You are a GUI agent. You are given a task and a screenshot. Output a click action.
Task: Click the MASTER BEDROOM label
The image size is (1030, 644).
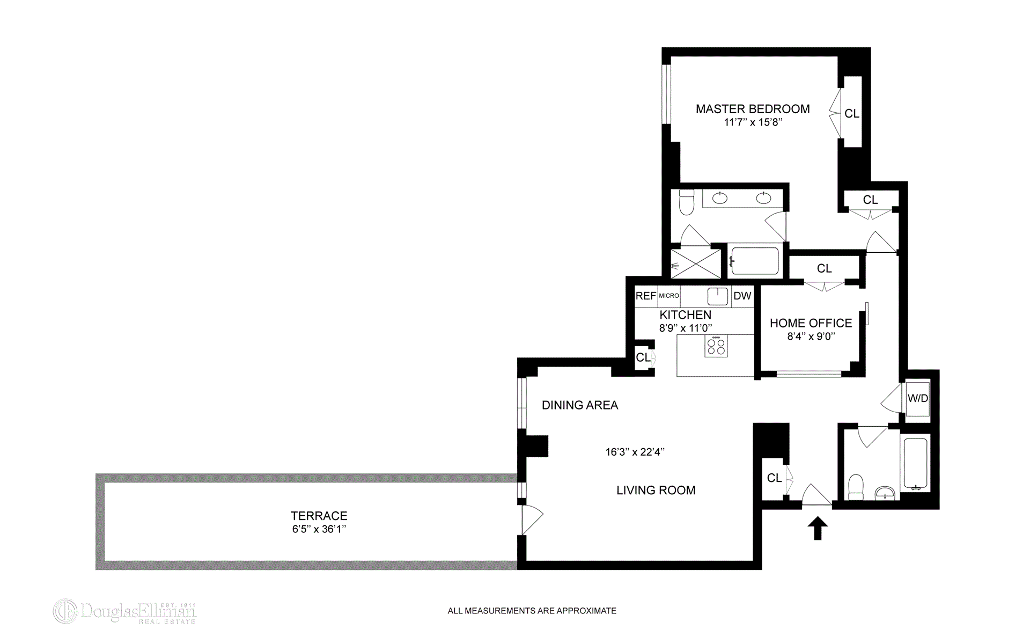[x=753, y=109]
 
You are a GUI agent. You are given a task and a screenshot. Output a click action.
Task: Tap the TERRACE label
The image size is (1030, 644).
[x=319, y=516]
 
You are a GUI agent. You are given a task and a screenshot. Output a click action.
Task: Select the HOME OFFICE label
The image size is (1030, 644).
[x=811, y=323]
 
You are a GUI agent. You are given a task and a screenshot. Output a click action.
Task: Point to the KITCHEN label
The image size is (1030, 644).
[x=685, y=315]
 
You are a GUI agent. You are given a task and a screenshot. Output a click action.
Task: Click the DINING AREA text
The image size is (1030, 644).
[x=580, y=405]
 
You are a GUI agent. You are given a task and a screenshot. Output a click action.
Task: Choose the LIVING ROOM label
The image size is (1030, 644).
[x=656, y=490]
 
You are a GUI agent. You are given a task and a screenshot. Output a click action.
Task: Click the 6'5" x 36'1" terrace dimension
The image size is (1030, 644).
[x=319, y=529]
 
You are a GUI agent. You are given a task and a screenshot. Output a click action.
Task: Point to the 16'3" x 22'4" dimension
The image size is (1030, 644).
[x=635, y=452]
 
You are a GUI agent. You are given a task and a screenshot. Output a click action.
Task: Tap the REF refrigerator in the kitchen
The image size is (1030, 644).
[x=646, y=296]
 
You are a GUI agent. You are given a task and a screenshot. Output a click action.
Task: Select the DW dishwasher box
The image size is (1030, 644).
[x=742, y=296]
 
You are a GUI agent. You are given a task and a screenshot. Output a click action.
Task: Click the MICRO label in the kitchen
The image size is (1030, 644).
[x=669, y=296]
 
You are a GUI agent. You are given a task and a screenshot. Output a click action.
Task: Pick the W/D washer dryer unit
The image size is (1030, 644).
[x=917, y=398]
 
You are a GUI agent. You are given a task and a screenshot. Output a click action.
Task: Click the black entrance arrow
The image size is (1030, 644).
[x=818, y=528]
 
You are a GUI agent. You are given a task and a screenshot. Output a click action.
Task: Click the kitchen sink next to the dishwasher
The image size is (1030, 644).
[x=717, y=296]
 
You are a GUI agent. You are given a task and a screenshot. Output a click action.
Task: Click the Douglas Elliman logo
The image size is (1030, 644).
[x=124, y=612]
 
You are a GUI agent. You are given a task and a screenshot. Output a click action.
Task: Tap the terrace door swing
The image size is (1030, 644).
[x=532, y=519]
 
